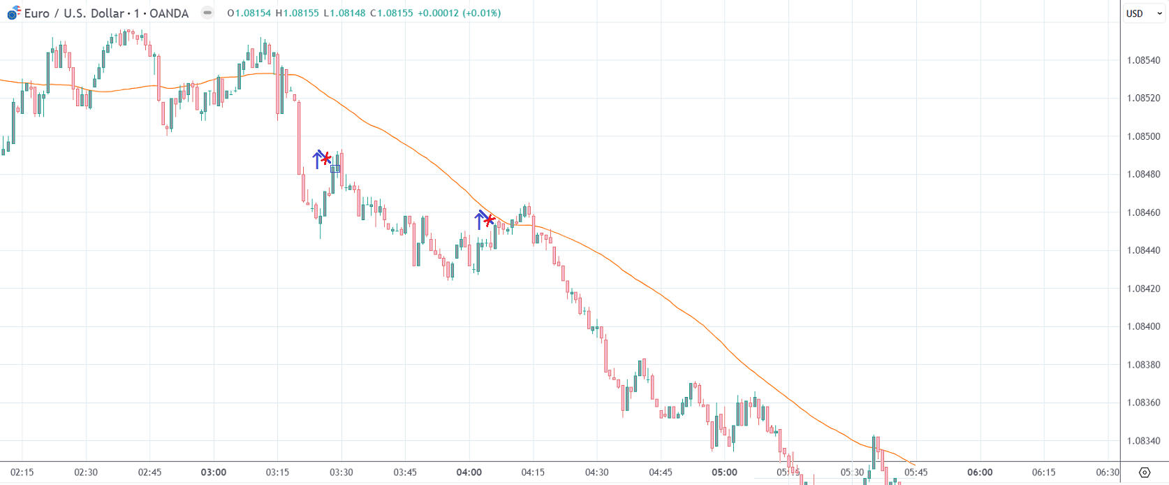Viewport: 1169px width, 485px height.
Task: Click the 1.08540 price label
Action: (1143, 60)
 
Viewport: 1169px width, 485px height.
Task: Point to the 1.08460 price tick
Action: (1143, 212)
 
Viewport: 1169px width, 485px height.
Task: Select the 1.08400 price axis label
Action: (1143, 326)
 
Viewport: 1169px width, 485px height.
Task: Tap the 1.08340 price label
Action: (1143, 441)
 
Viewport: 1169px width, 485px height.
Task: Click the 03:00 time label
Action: (213, 472)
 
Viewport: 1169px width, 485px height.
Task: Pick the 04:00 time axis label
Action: (469, 472)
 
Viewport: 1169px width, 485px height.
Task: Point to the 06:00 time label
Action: (980, 472)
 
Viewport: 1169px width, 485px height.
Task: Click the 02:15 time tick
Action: (22, 472)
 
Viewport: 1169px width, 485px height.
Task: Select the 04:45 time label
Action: (660, 472)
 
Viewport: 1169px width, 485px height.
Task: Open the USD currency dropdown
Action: (1143, 13)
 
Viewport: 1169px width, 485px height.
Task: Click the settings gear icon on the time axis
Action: (1144, 472)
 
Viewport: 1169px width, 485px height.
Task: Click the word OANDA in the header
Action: (169, 13)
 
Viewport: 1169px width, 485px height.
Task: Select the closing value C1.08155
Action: (392, 13)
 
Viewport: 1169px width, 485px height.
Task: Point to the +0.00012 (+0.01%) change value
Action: (459, 13)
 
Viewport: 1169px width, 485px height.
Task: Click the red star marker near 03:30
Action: (325, 159)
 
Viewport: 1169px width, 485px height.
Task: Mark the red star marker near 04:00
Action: (490, 220)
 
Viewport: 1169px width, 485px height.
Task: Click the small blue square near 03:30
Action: (335, 168)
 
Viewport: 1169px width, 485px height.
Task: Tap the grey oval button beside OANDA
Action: (207, 13)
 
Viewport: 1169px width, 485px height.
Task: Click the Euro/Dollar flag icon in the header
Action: (14, 13)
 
